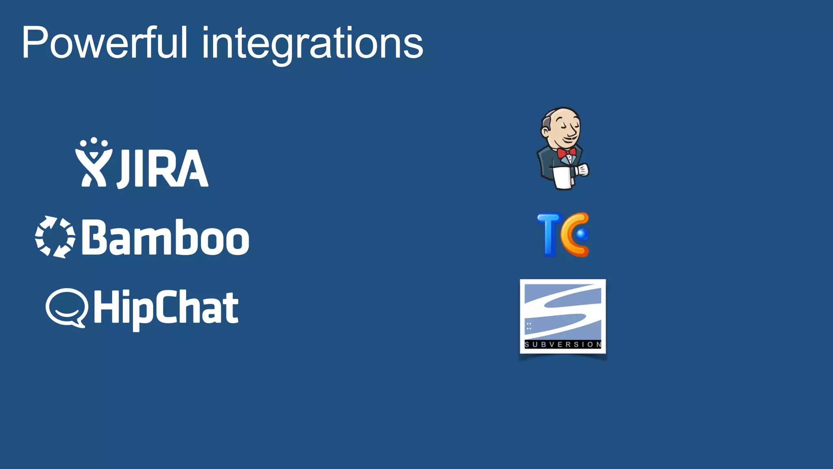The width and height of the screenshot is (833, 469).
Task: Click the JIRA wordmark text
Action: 163,168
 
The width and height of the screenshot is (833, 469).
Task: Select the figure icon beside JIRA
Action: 94,163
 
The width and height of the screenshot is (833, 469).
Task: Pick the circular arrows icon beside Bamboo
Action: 55,237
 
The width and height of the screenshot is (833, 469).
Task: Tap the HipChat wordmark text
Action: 166,308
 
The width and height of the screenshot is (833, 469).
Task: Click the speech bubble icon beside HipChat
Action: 67,307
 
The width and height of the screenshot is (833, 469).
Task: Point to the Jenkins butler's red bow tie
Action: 566,153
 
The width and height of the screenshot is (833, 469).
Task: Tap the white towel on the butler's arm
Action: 563,178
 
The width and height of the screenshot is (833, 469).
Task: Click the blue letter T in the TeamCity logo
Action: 550,234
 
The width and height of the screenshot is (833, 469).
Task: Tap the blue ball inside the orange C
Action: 582,234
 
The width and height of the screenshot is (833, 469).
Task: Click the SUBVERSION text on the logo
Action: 563,344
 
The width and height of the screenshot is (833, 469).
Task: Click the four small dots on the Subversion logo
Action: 529,326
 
